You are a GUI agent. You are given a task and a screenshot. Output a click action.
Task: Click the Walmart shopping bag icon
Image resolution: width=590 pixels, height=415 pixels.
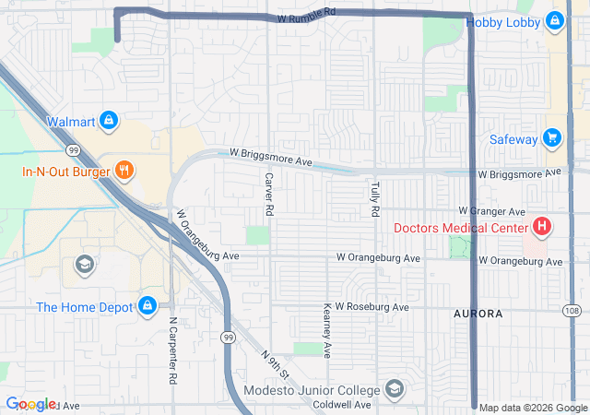109,121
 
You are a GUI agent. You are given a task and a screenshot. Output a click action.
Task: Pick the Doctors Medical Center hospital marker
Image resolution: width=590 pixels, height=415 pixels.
542,227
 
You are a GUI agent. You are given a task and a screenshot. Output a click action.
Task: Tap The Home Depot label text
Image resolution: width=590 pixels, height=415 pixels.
85,307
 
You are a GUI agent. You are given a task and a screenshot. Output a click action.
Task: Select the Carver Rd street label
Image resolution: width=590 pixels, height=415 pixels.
268,195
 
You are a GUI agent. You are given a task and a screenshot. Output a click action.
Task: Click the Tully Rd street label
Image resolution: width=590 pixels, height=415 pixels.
375,199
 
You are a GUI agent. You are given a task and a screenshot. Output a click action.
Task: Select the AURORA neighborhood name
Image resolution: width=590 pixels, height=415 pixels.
478,314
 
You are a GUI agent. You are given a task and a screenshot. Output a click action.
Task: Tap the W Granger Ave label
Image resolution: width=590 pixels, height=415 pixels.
491,211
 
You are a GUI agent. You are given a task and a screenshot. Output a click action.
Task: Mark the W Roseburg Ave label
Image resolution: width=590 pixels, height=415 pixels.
372,306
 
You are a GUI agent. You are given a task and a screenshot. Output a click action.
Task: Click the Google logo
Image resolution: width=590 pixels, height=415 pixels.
30,404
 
